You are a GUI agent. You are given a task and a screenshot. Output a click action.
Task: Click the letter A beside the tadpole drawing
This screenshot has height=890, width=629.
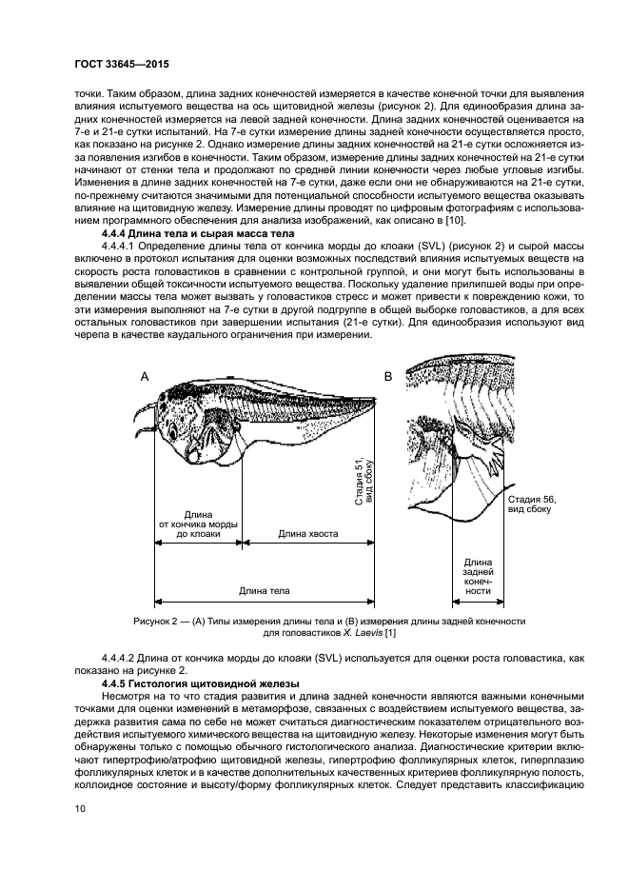(146, 377)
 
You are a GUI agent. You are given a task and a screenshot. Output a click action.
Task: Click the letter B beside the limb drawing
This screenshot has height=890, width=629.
(388, 377)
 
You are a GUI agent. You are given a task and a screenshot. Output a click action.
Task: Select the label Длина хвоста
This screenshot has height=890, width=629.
(307, 534)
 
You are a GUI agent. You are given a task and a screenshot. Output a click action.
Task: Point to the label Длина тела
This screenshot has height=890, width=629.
(265, 590)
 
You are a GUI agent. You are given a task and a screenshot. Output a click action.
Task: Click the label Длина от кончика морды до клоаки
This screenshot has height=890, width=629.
(198, 524)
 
